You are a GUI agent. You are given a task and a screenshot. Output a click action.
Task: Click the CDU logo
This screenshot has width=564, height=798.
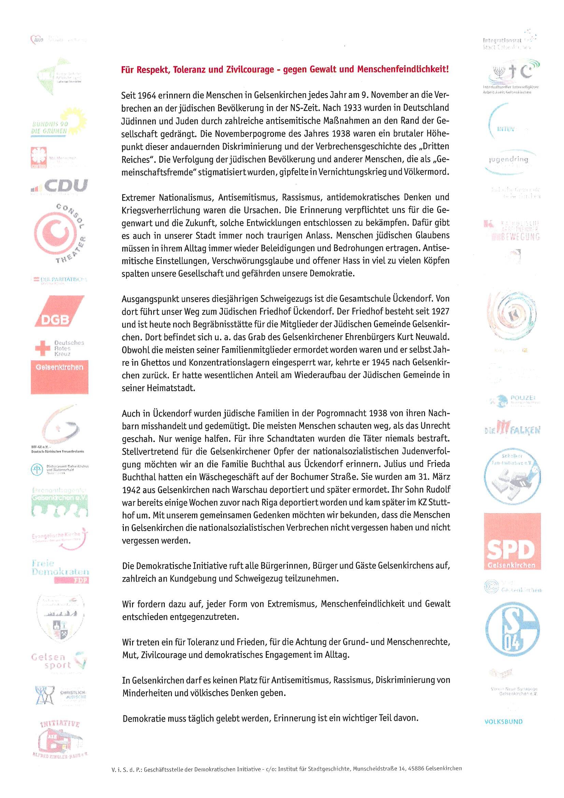(x=59, y=186)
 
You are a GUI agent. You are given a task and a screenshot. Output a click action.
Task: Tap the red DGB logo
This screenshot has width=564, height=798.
(x=59, y=311)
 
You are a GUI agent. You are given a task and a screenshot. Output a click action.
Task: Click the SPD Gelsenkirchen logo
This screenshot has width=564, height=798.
(x=512, y=541)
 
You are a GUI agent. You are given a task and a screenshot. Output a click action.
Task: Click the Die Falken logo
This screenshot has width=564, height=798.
(x=512, y=430)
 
